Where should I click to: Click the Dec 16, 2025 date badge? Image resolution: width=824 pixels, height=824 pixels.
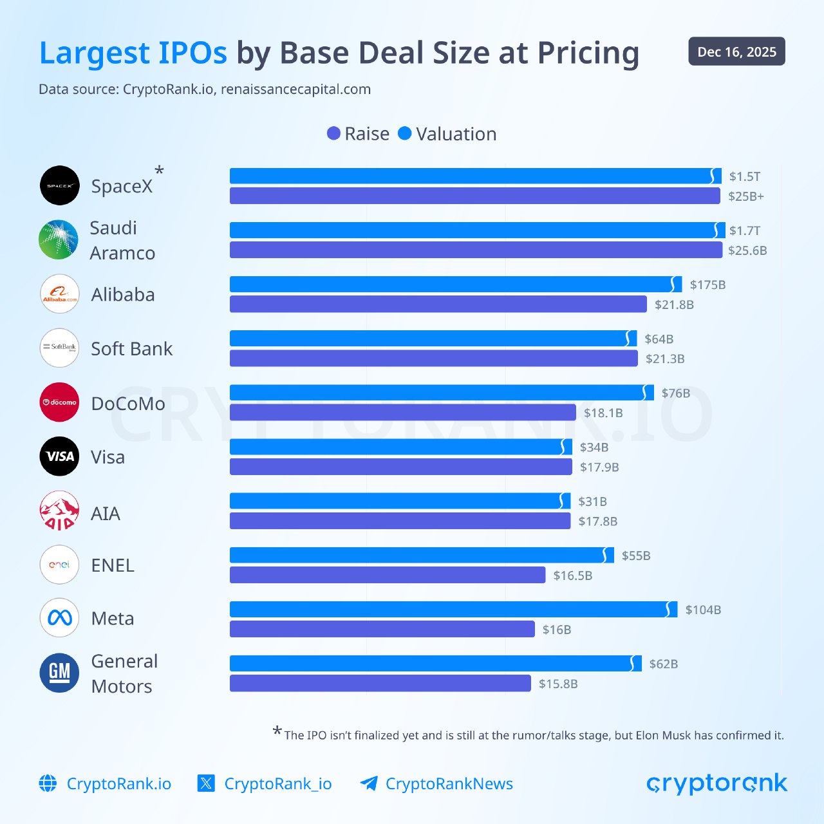click(736, 51)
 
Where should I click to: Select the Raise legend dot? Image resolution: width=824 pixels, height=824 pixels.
click(333, 133)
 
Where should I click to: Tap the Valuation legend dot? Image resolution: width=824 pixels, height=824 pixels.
click(404, 133)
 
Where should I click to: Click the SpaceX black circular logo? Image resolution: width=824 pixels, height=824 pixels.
click(59, 185)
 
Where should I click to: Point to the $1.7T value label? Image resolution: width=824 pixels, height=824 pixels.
click(744, 230)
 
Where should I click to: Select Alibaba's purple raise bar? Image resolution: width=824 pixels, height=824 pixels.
click(438, 304)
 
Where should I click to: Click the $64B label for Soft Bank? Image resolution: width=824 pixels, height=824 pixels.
click(659, 339)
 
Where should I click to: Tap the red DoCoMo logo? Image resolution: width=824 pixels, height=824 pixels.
click(59, 402)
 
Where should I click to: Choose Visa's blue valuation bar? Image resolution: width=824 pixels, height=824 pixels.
click(399, 447)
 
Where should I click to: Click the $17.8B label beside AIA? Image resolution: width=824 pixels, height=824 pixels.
click(597, 521)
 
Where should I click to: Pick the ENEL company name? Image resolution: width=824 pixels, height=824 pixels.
click(113, 565)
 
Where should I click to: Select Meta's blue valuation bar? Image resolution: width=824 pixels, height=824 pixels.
click(451, 609)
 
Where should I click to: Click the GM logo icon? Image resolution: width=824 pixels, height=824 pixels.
click(59, 673)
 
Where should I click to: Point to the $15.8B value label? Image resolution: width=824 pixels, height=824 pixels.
click(558, 684)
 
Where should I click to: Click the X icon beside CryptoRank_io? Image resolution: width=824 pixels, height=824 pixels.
click(206, 783)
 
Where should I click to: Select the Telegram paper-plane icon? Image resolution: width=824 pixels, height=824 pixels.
click(369, 783)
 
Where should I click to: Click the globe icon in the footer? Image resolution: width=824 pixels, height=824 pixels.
click(48, 783)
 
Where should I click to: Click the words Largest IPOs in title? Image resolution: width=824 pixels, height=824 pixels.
click(133, 53)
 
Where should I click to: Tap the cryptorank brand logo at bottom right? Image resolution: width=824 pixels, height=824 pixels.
click(716, 783)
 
